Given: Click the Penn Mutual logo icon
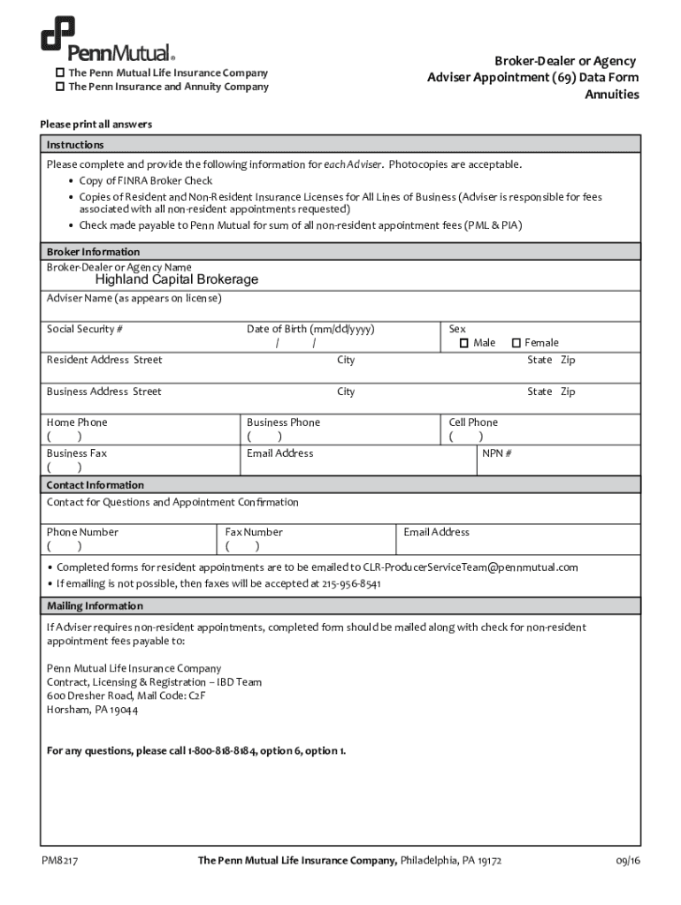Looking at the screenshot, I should [x=57, y=34].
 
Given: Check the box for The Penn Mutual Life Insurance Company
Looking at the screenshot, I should [x=60, y=72].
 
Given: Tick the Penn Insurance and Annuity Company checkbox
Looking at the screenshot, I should [x=60, y=87].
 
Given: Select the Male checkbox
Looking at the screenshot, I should [x=463, y=343].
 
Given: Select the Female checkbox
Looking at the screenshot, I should [x=516, y=343].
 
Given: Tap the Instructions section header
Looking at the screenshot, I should [x=75, y=145].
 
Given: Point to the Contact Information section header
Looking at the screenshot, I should [x=95, y=485].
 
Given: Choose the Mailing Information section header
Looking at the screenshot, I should [x=95, y=606].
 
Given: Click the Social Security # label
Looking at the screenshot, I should [x=85, y=330].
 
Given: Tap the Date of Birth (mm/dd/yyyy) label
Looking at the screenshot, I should [x=310, y=330].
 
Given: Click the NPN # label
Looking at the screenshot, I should [x=497, y=453].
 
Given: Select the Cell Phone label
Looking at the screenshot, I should [x=473, y=422].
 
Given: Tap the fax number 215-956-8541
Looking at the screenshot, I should [x=351, y=584].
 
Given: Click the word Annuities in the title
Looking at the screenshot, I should [x=612, y=95].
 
